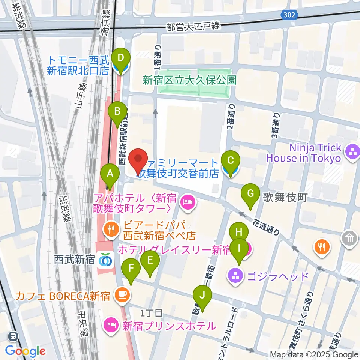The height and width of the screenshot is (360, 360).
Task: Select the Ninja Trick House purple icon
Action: pyautogui.click(x=352, y=152)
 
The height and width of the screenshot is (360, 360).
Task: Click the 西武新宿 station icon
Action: pyautogui.click(x=105, y=259)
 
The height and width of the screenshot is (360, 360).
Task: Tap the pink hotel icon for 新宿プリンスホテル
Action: pyautogui.click(x=109, y=325)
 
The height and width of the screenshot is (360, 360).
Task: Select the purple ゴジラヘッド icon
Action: pyautogui.click(x=235, y=277)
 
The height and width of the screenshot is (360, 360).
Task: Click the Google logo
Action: pyautogui.click(x=25, y=351)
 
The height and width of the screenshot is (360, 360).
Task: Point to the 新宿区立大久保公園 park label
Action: pyautogui.click(x=190, y=80)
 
